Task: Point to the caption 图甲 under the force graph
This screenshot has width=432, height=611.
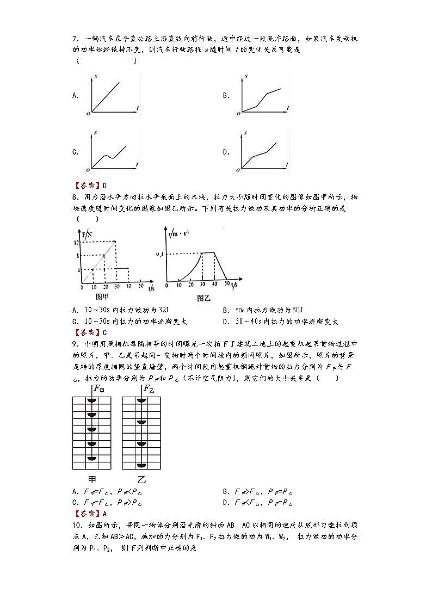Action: (103, 297)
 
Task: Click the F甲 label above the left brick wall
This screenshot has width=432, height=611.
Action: (99, 388)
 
